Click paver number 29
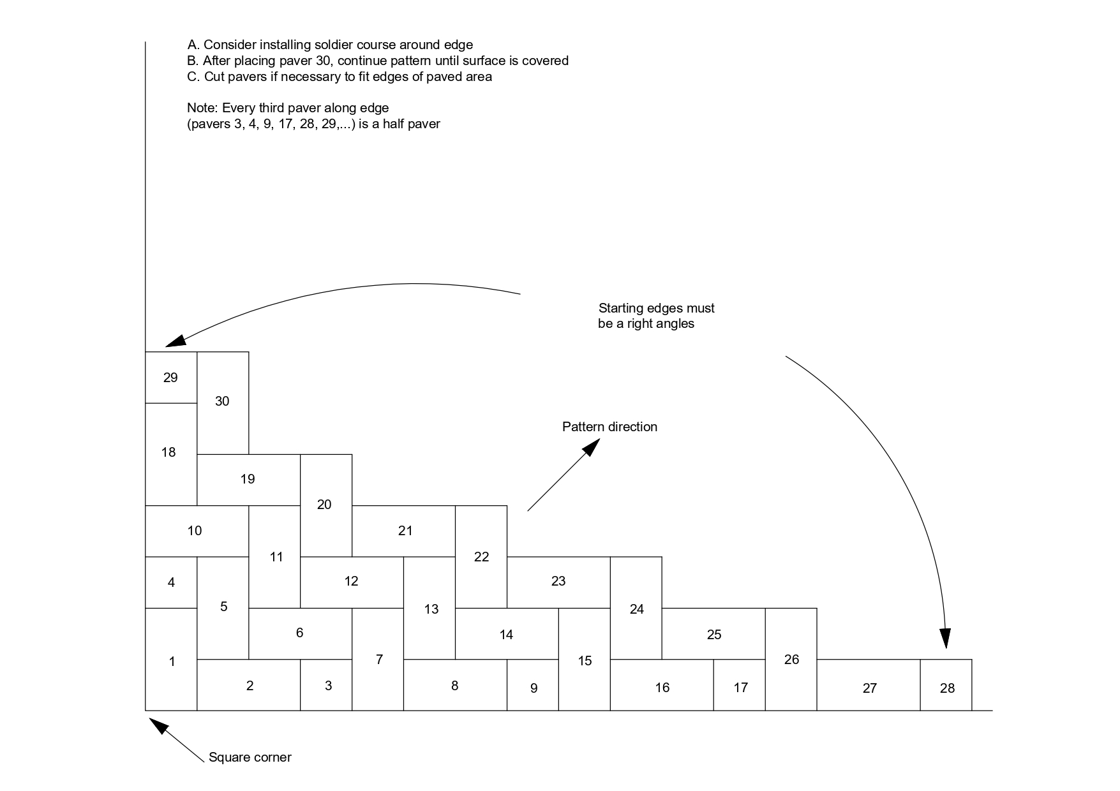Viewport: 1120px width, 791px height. click(x=170, y=378)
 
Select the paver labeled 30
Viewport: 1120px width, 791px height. click(x=222, y=402)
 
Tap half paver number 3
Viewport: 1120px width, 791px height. click(x=328, y=686)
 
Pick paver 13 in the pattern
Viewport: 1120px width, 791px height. click(x=431, y=609)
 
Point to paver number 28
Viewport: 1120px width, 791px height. click(x=947, y=688)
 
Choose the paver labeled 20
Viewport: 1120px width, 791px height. click(x=324, y=505)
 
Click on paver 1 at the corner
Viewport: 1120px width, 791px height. click(x=171, y=662)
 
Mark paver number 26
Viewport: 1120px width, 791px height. click(x=791, y=660)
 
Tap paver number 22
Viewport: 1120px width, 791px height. click(x=481, y=557)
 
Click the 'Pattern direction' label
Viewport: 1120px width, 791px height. click(x=609, y=427)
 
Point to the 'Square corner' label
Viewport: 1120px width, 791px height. click(x=250, y=757)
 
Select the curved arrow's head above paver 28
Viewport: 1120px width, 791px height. click(x=945, y=639)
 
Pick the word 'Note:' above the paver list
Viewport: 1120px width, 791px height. click(x=202, y=108)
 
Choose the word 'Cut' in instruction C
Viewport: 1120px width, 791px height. click(x=214, y=77)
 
